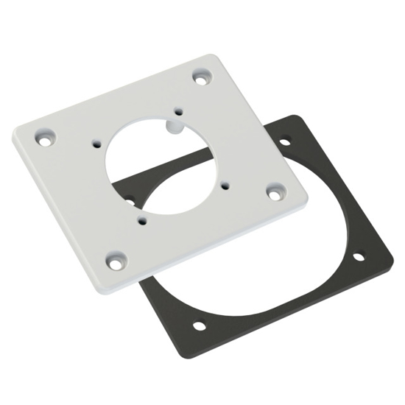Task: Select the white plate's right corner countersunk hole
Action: point(275,191)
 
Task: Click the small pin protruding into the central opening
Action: point(175,126)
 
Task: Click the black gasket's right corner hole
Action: point(358,256)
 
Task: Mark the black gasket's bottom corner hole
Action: point(199,325)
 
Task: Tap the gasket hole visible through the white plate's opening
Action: point(130,199)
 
